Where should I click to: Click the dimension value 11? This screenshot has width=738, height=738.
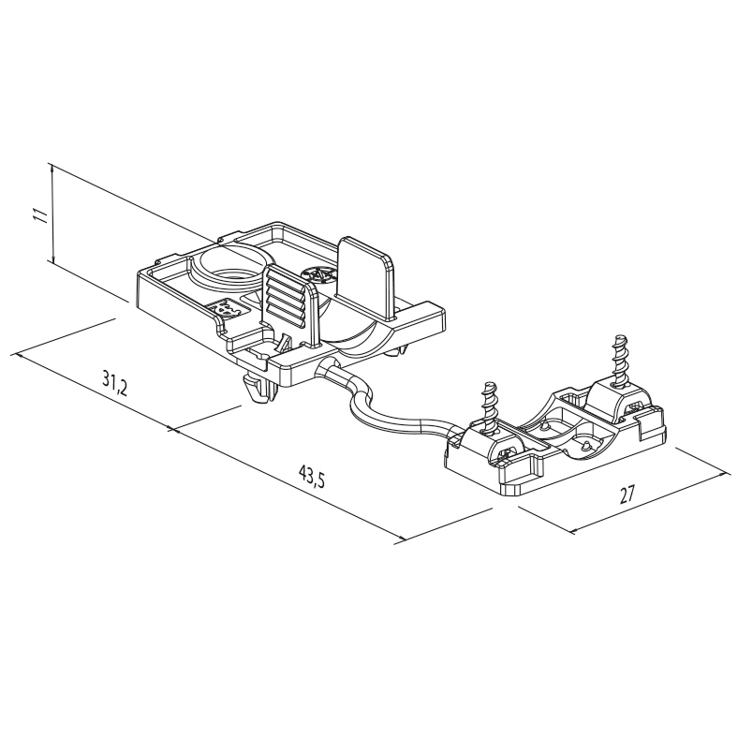point(43,214)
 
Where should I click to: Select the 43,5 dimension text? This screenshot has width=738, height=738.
point(312,478)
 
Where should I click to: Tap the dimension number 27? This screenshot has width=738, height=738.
point(627,494)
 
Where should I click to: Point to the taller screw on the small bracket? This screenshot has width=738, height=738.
point(618,358)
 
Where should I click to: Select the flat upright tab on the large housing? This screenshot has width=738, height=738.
point(366,278)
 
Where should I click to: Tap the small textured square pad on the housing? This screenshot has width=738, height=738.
point(227,308)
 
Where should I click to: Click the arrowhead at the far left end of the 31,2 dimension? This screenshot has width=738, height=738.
point(19,355)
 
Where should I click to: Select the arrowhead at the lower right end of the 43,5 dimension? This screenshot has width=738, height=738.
point(401,539)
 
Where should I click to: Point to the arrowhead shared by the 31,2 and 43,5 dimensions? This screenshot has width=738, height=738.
point(172,429)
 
